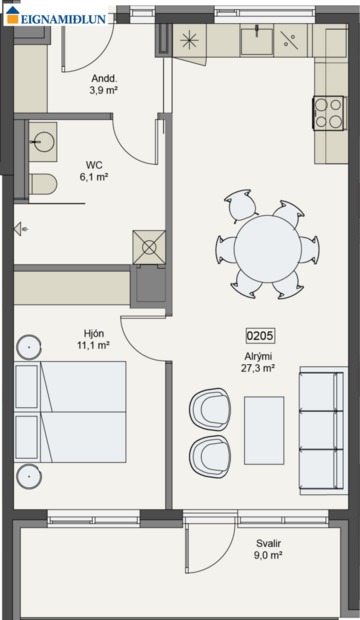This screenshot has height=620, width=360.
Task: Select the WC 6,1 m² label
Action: coord(93,170)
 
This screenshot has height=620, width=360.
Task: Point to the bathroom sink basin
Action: coord(43,141)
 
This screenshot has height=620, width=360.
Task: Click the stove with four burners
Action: coord(329,112)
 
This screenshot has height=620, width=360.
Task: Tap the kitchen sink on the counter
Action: coord(256,40)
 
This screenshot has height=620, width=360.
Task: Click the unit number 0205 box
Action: coord(260,336)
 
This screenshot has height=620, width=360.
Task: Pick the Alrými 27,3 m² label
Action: coord(257,361)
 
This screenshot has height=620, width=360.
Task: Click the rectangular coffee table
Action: coord(264,430)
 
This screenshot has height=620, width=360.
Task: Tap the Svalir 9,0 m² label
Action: coord(267,548)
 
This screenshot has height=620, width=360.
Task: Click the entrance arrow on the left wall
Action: coord(20,229)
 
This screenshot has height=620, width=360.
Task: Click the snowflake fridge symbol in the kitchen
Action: coord(189,40)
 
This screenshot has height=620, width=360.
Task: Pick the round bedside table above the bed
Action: coord(29,348)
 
